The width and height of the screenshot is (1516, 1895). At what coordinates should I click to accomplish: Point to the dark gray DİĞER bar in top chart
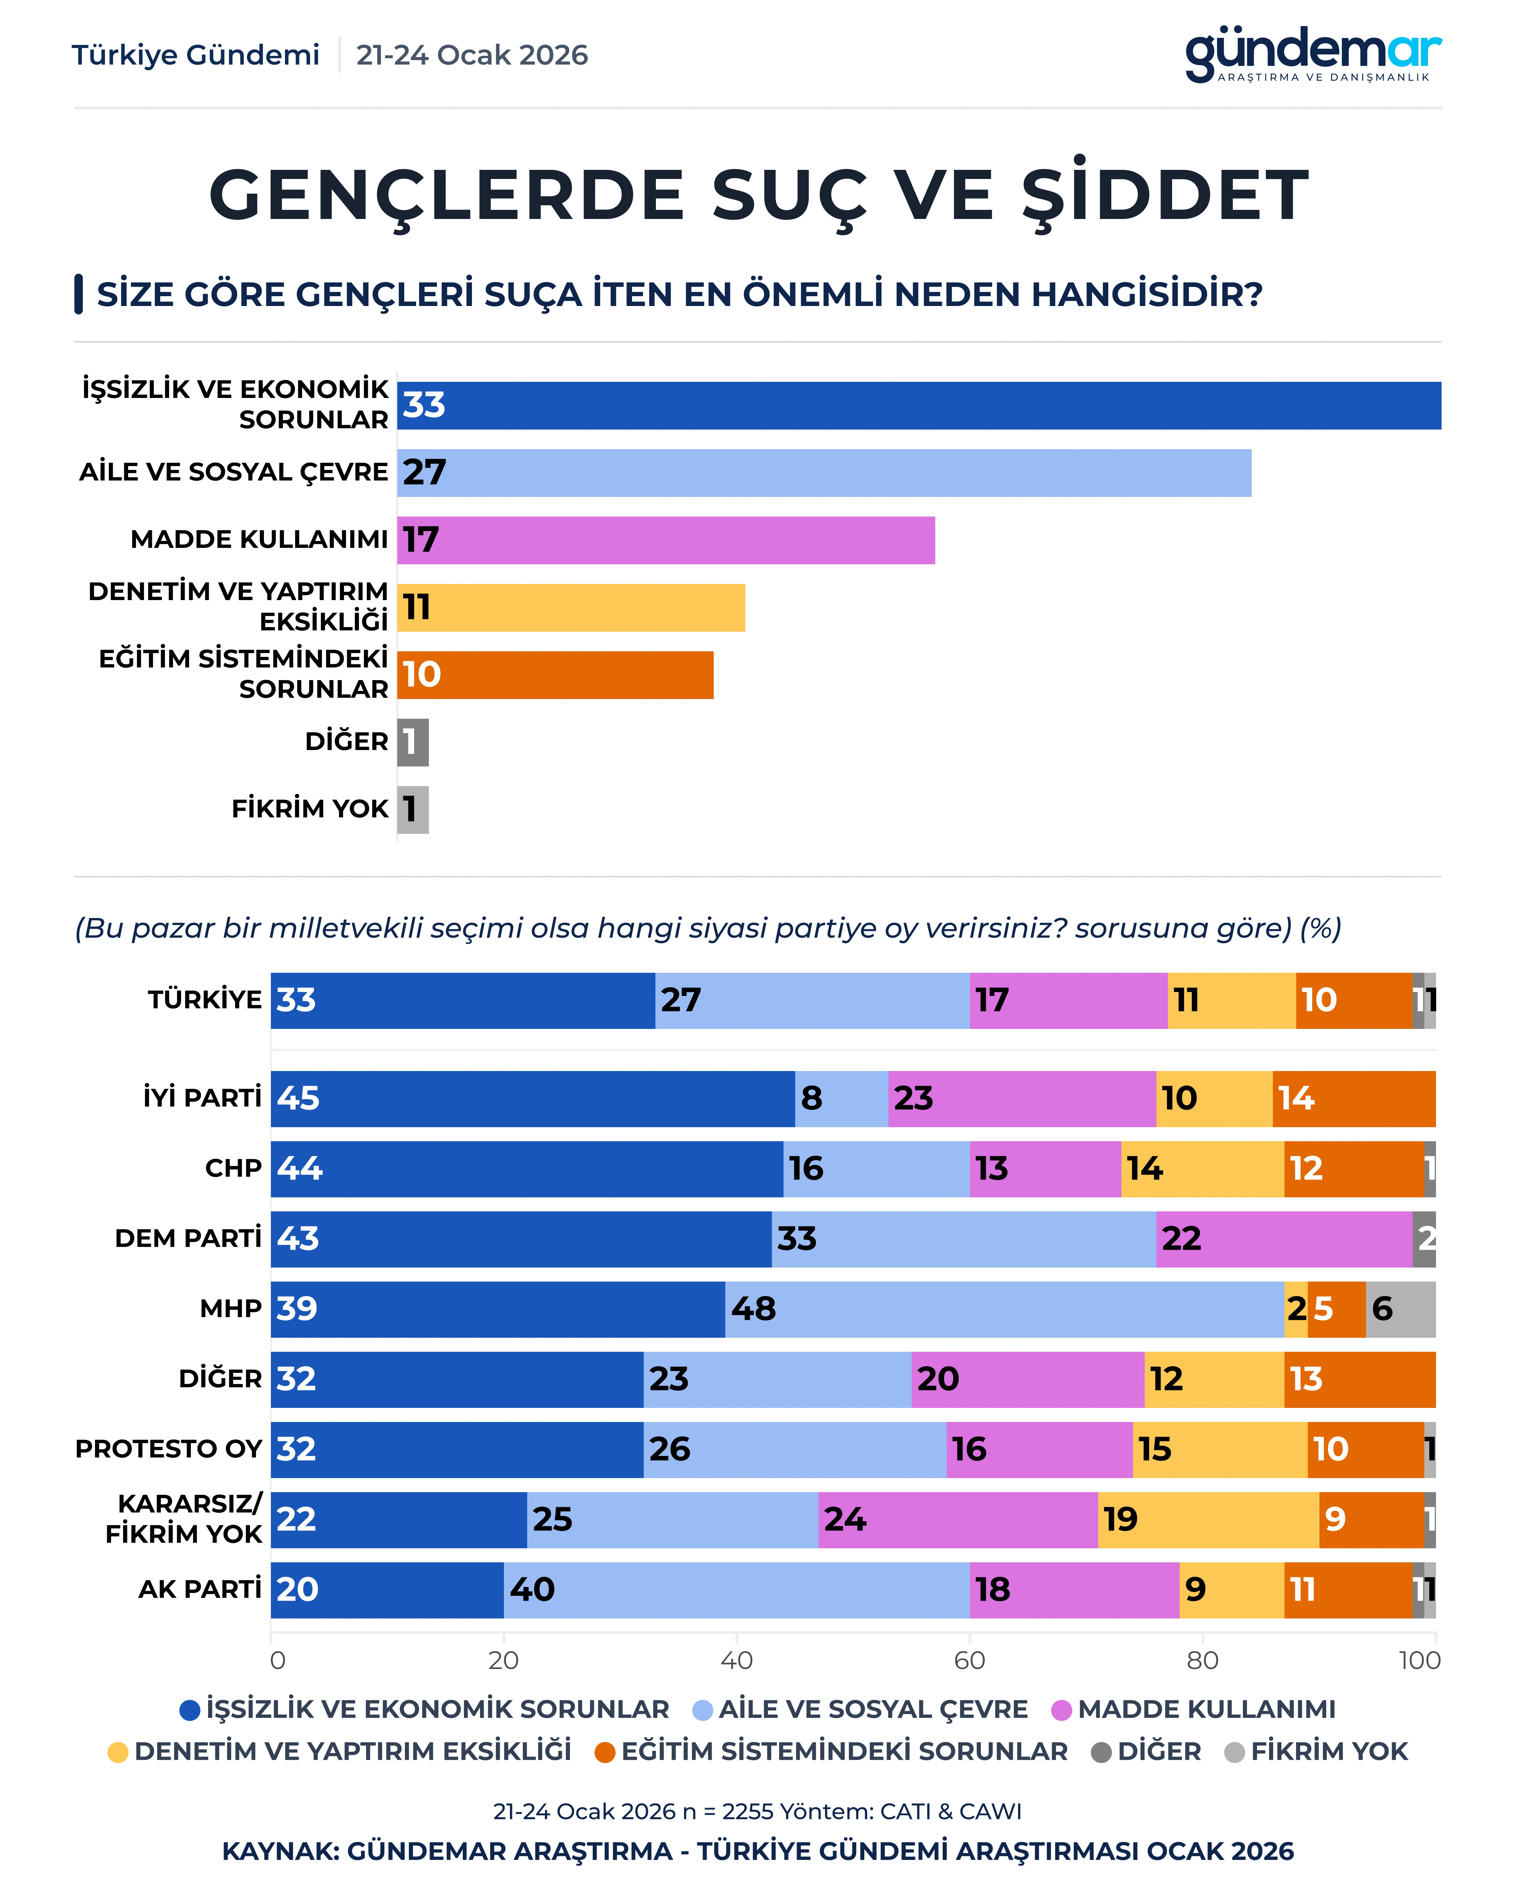pos(413,742)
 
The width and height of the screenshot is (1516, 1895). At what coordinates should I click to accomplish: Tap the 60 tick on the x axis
pos(969,1660)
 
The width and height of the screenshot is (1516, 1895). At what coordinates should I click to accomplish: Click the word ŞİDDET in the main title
pos(1165,195)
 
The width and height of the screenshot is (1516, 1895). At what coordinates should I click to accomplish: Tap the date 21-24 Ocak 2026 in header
pos(472,55)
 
